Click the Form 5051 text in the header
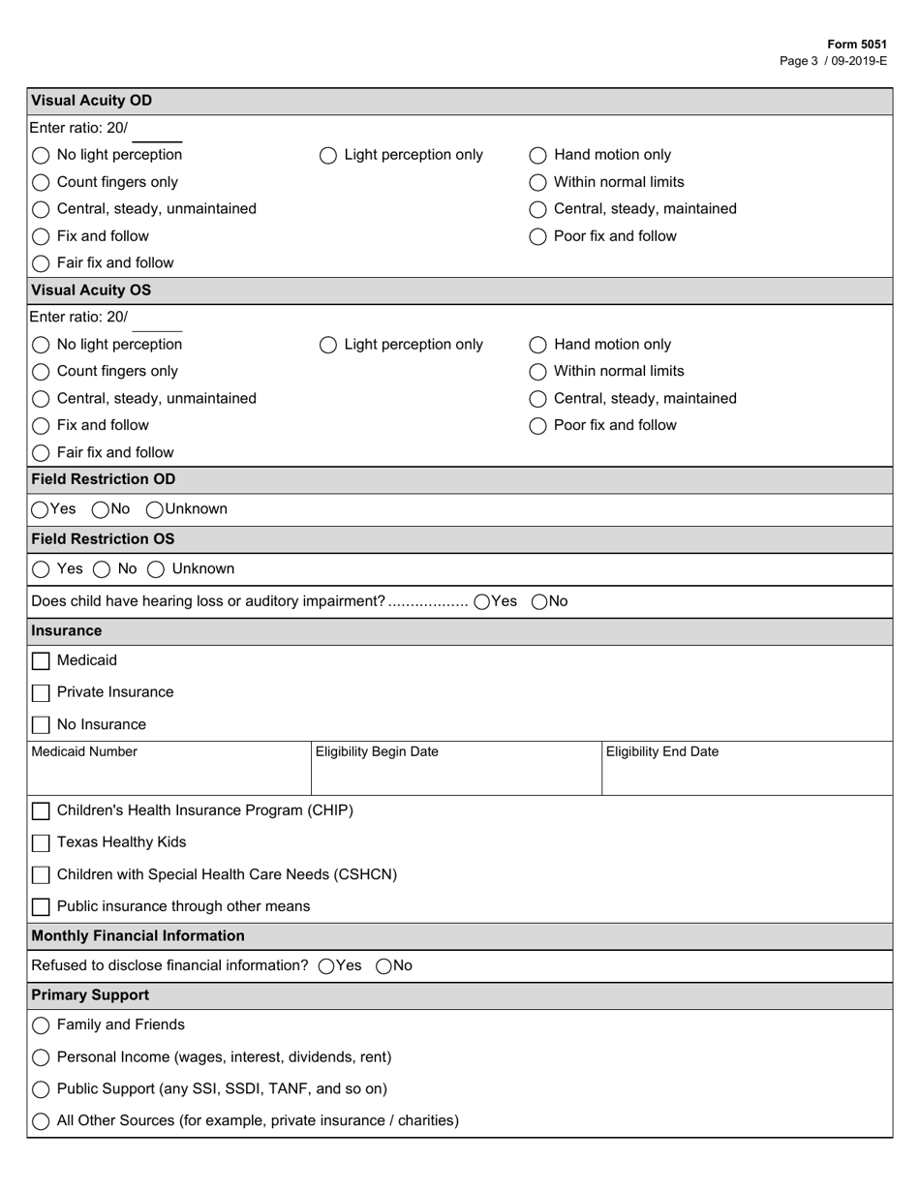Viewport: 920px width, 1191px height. coord(857,45)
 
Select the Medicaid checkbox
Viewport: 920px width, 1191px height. coord(41,661)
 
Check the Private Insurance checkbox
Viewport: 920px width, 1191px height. coord(41,693)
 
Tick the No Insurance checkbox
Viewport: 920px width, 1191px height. coord(41,725)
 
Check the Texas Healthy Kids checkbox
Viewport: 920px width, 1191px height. coord(41,843)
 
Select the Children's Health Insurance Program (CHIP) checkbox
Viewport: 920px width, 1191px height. coord(41,811)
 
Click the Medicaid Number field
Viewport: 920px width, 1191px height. coord(168,776)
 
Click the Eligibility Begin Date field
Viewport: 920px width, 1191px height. coord(455,776)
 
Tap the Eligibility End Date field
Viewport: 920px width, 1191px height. coord(746,776)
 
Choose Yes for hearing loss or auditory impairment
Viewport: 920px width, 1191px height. coord(482,602)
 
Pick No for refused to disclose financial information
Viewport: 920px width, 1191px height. coord(383,966)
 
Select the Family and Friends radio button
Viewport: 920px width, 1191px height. coord(41,1025)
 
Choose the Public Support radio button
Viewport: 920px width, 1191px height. coord(41,1089)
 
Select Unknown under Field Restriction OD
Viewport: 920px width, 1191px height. coord(155,509)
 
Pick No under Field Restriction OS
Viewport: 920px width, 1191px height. coord(103,569)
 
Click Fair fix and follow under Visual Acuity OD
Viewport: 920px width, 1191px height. coord(41,263)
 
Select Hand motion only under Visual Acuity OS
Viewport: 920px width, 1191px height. coord(537,345)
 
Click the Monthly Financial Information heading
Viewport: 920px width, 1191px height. coord(138,936)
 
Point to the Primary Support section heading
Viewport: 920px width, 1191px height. coord(90,995)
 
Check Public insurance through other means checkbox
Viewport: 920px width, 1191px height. coord(41,907)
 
